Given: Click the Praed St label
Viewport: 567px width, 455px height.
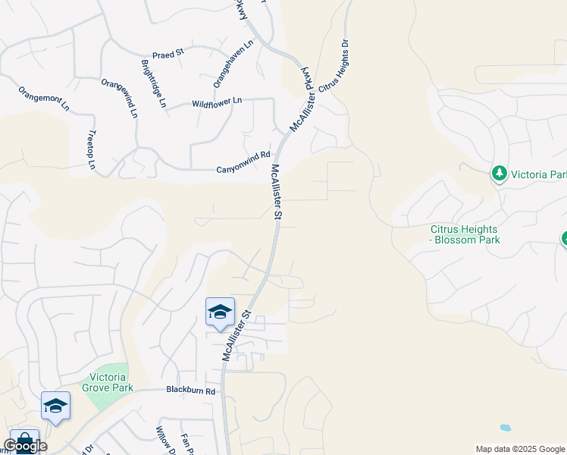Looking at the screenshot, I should [x=168, y=54].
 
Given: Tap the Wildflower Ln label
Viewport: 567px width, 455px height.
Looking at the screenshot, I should [x=217, y=101].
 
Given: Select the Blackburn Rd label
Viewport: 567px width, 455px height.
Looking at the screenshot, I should [x=191, y=391].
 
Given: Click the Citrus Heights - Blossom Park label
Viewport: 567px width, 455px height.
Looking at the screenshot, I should [x=465, y=234].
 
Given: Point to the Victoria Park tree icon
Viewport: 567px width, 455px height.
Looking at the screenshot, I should [x=500, y=174].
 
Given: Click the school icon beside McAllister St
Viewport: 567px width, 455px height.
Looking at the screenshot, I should [x=220, y=312].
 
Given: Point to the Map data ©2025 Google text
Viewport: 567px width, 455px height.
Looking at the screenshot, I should [x=519, y=449].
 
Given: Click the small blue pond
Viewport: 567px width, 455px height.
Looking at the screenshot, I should [x=505, y=428].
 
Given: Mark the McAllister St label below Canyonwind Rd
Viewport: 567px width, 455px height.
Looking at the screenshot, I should [x=276, y=192].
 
